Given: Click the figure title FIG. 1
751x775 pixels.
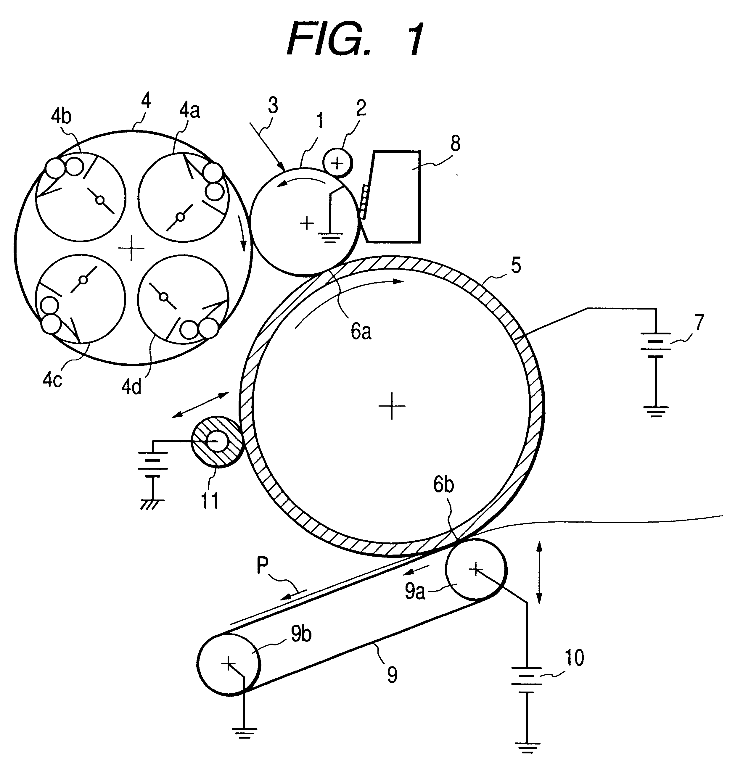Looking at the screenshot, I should pos(356,40).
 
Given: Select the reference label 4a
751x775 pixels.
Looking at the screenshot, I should pos(189,111).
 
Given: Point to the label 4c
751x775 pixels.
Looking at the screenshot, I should pos(53,380).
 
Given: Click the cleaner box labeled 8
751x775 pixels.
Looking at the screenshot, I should pos(395,196).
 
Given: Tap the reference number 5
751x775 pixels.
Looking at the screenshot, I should pos(516,265).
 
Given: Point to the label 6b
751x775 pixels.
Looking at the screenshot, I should pos(443,485).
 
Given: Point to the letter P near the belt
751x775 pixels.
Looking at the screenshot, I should pos(263,565).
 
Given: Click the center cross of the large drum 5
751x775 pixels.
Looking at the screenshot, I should pos(392,405).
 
